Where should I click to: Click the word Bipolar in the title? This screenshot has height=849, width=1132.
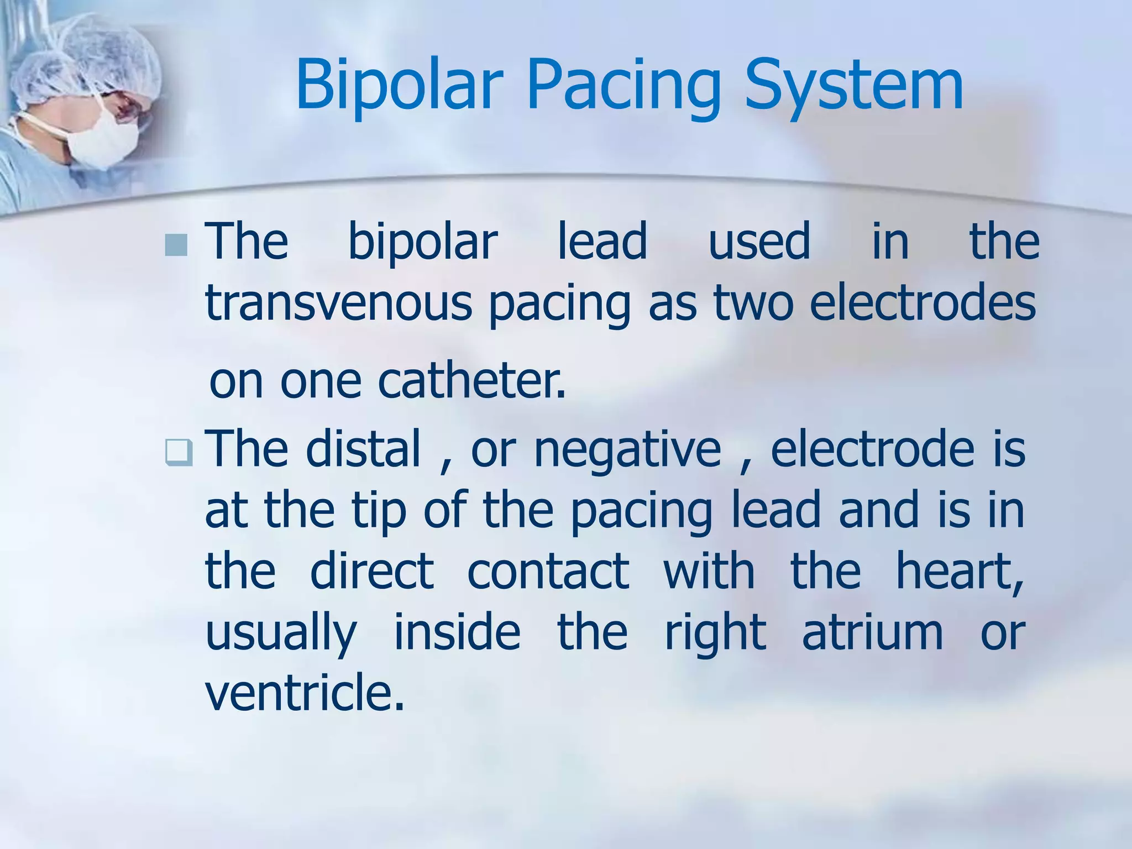pos(399,86)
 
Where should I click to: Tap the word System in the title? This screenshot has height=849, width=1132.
pos(853,86)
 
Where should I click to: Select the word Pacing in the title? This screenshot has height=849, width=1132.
pos(624,86)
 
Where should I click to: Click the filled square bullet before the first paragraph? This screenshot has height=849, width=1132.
pos(176,245)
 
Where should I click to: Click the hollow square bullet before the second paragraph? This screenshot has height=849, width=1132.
pos(179,452)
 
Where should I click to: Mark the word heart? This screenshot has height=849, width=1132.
pos(959,570)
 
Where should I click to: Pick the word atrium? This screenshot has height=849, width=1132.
pos(872,632)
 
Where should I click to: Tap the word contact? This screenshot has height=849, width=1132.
pos(548,570)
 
